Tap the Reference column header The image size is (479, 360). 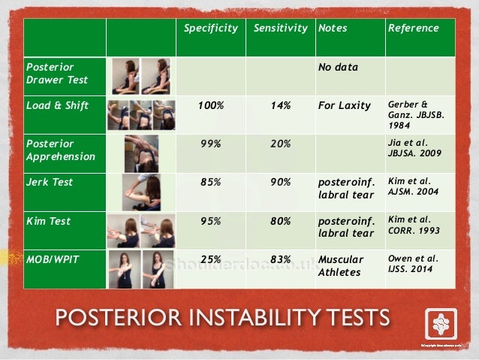(x=412, y=29)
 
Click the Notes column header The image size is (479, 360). (x=331, y=29)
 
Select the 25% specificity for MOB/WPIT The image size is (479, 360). (x=210, y=259)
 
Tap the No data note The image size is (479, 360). (x=338, y=67)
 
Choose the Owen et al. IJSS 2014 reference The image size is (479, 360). (x=411, y=265)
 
